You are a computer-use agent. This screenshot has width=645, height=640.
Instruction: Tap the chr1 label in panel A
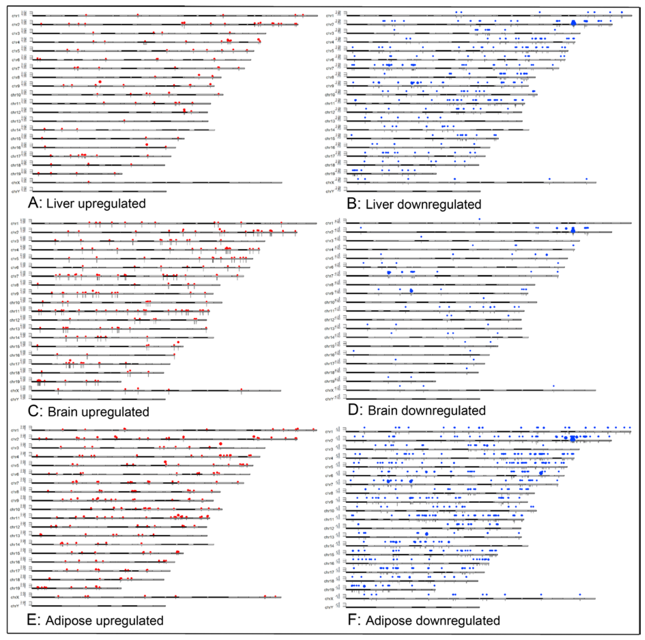pos(15,16)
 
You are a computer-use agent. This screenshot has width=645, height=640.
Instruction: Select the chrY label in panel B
pos(330,192)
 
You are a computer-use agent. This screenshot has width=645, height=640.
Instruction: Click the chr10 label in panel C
pos(15,303)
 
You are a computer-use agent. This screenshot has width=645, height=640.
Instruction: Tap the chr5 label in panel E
pos(15,466)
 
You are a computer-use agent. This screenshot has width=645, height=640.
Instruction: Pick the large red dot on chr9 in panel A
pos(100,82)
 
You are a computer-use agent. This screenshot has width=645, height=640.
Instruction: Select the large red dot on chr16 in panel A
pos(147,144)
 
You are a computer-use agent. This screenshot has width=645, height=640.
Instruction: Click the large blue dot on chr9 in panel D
pos(411,291)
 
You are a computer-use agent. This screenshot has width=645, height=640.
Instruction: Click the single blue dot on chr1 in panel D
pos(479,219)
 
